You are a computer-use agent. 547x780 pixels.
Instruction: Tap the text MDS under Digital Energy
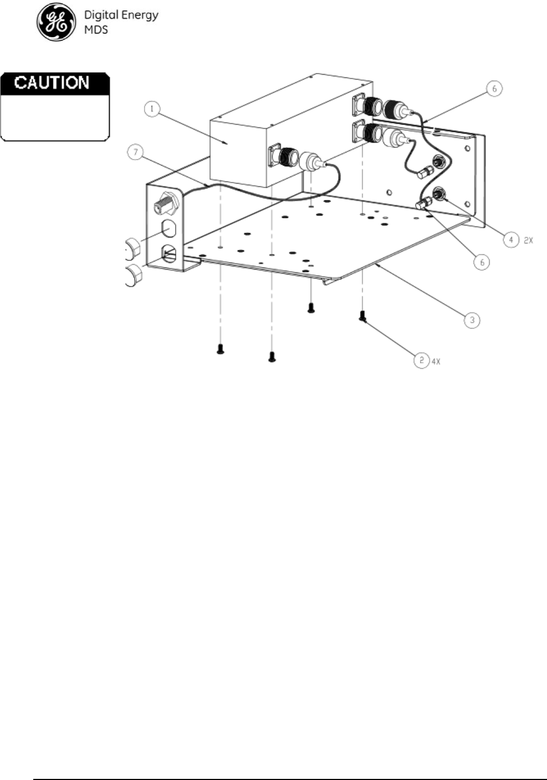95,29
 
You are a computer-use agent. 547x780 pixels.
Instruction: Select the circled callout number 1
153,109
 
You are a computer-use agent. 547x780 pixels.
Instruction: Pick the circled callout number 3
472,320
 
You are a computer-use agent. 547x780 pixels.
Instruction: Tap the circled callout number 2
421,359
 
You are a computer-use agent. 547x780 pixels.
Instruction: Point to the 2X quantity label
528,240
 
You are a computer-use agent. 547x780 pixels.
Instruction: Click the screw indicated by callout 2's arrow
362,315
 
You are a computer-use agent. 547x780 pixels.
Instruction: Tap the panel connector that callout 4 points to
437,193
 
